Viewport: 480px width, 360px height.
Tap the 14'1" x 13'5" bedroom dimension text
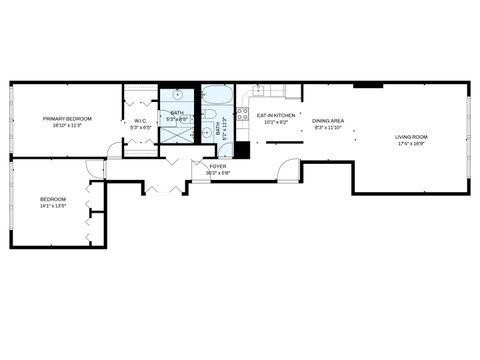(x=53, y=205)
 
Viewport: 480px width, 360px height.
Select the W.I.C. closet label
(x=140, y=122)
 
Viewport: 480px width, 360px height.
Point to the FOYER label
(x=217, y=166)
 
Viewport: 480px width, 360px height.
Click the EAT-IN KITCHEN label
(x=276, y=116)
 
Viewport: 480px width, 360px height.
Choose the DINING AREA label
(x=328, y=121)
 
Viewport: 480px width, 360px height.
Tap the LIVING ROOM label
(x=411, y=136)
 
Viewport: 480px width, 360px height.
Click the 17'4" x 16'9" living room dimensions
(x=411, y=143)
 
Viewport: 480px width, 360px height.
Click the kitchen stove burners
(x=242, y=113)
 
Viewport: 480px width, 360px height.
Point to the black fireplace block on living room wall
(x=367, y=85)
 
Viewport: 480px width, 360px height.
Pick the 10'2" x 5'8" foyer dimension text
(x=217, y=173)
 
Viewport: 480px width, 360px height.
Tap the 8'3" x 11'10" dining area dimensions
(x=328, y=128)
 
